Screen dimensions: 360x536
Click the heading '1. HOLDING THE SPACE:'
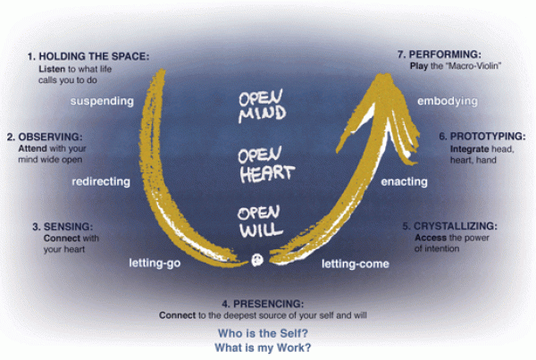point(88,56)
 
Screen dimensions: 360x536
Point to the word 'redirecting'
point(101,180)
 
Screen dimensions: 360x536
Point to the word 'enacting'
point(405,181)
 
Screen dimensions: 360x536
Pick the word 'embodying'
point(448,101)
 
